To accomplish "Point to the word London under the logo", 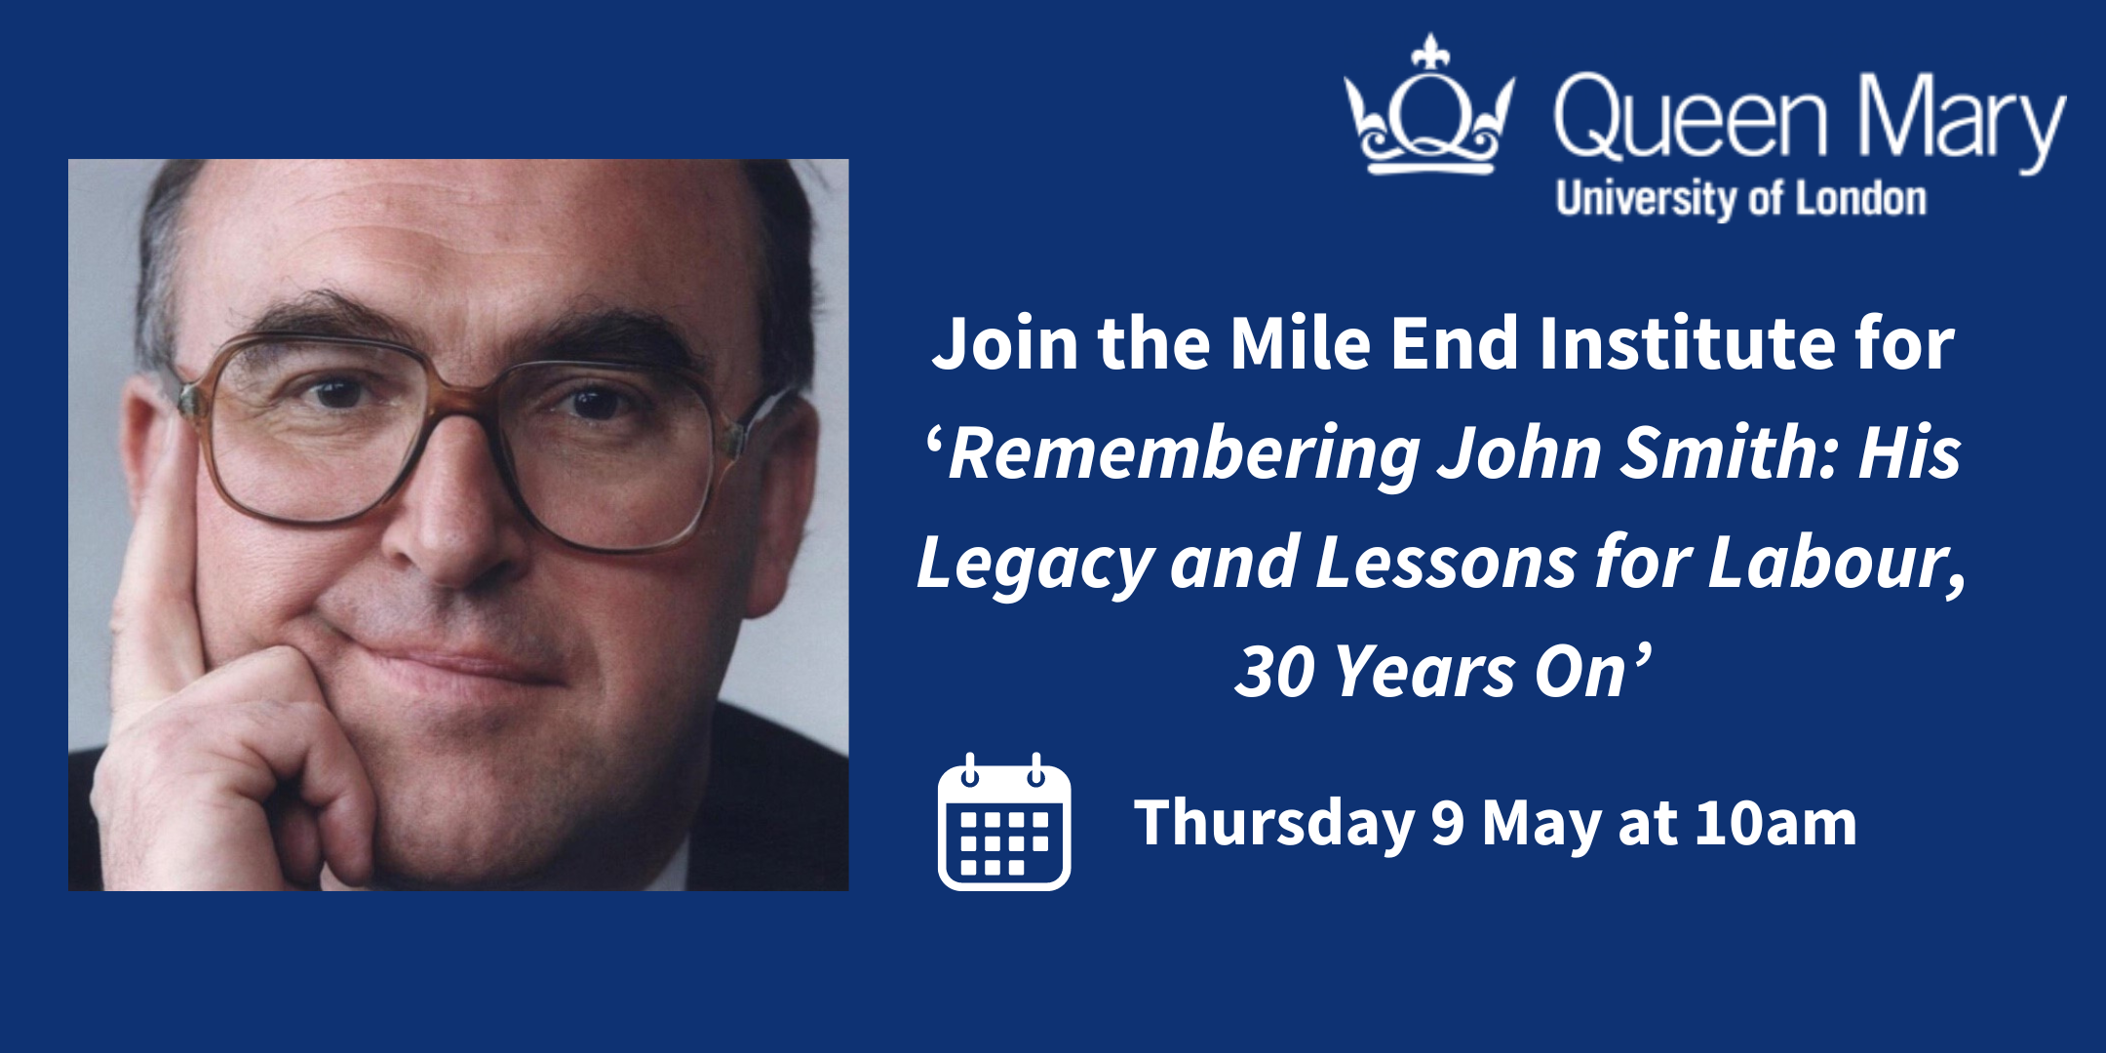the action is [1861, 199].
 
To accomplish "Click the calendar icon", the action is [1004, 822].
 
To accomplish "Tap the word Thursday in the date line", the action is [1274, 824].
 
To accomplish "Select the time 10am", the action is [1775, 823].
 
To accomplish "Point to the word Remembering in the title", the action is [1185, 455].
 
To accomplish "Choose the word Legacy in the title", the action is [1035, 565].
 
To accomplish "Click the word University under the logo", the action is [1649, 200].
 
